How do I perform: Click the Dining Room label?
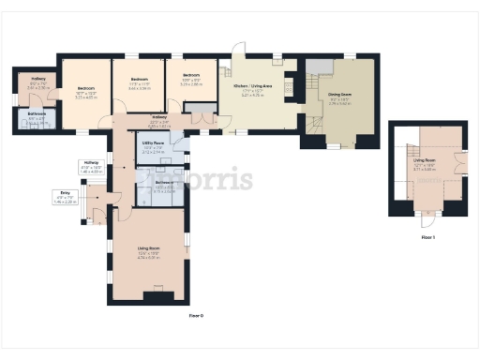[x=340, y=94]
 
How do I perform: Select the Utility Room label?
[x=154, y=145]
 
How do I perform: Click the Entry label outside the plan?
[x=66, y=198]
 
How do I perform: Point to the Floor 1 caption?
[x=428, y=238]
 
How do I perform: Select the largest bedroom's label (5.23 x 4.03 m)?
[x=87, y=93]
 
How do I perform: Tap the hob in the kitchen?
[x=317, y=65]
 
